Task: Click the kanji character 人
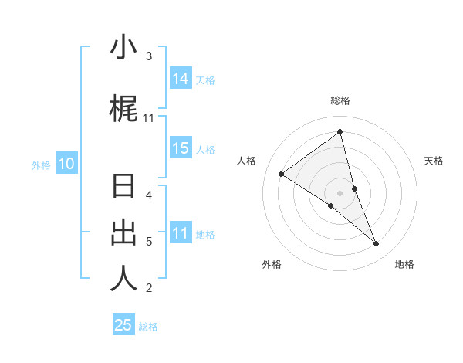tap(123, 279)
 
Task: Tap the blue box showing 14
tap(181, 79)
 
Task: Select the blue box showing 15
tap(181, 148)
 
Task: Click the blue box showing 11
tap(181, 233)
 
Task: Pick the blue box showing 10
tap(66, 164)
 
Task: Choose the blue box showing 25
tap(123, 325)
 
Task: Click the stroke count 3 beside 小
tap(149, 56)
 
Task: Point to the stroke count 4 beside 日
tap(149, 195)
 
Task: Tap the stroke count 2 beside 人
tap(149, 288)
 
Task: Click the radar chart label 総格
tap(340, 100)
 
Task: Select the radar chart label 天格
tap(434, 161)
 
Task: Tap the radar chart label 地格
tap(404, 264)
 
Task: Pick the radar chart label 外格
tap(272, 264)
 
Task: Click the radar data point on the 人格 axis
tap(282, 174)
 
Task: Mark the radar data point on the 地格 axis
tap(377, 243)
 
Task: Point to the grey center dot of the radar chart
tap(340, 192)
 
